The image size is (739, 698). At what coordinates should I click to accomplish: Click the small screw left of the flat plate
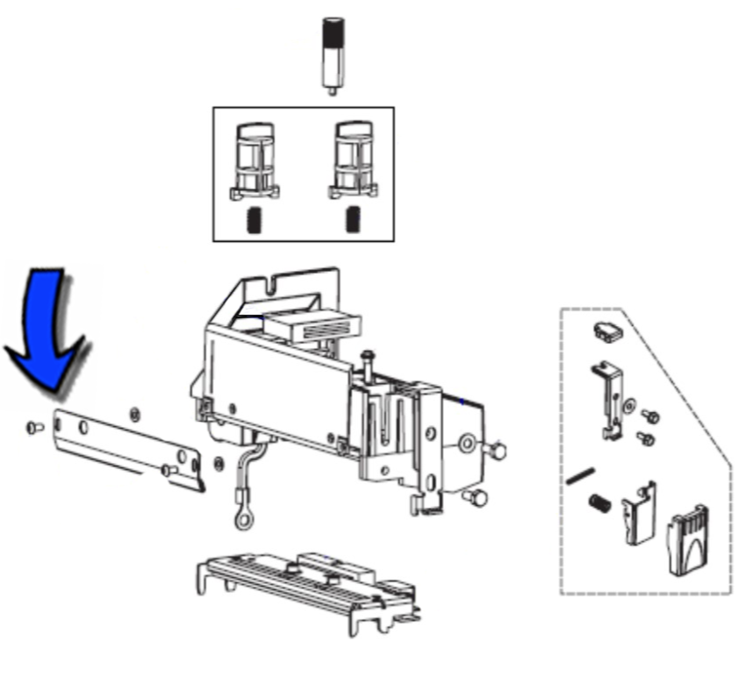pos(34,427)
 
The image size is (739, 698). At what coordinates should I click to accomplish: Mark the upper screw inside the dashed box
pos(650,416)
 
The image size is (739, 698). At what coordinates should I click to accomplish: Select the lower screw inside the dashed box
pos(645,436)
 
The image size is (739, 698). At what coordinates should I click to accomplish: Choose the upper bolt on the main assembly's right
pos(495,450)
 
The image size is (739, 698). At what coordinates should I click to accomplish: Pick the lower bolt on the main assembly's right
pos(476,497)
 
